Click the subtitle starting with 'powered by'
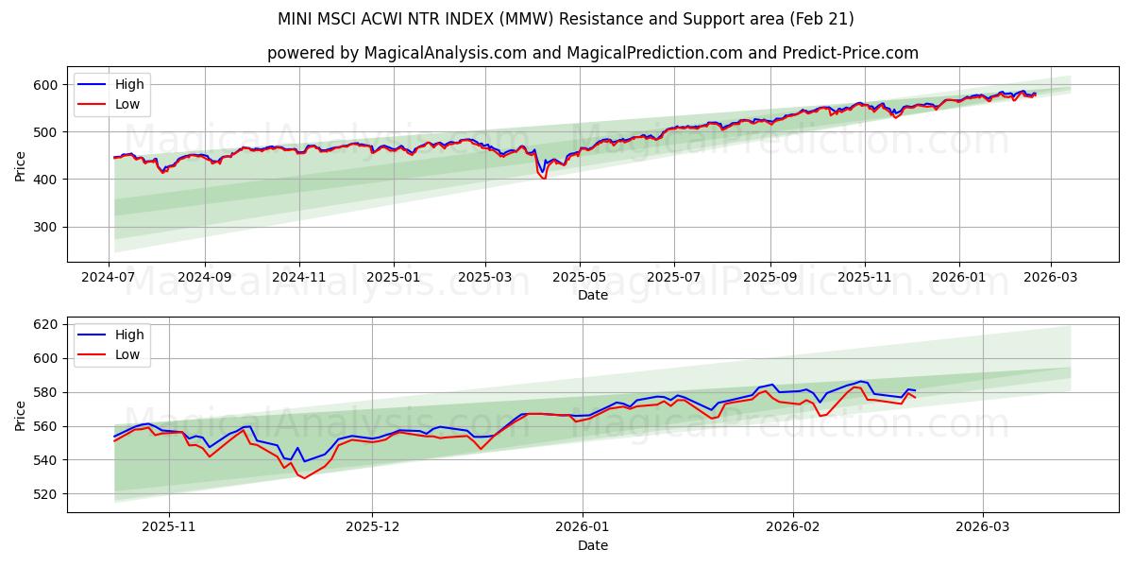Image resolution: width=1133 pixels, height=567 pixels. [x=592, y=53]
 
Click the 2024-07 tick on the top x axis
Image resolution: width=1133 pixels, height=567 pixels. [x=110, y=277]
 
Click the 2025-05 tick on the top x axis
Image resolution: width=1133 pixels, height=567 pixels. [x=579, y=277]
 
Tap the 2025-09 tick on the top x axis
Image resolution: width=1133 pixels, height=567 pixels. [x=769, y=277]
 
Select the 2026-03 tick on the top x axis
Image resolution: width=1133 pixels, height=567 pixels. [x=1050, y=277]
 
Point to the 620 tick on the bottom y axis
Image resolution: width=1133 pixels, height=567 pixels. [x=45, y=324]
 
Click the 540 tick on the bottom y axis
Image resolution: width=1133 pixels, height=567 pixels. [x=45, y=460]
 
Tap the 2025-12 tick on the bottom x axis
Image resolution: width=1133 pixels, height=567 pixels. [x=372, y=527]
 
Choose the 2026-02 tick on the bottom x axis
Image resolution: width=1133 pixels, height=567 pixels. [x=792, y=527]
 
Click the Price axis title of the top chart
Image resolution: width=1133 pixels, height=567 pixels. [x=21, y=164]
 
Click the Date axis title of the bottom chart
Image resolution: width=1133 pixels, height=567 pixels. [x=592, y=545]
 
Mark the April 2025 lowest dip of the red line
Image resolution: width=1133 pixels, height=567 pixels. [x=544, y=178]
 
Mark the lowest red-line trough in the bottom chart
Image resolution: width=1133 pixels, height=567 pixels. [x=304, y=478]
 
